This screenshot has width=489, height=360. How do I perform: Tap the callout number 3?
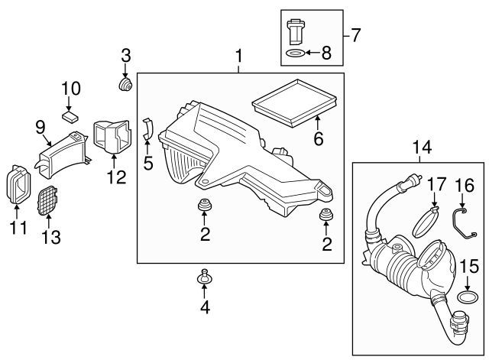(126, 55)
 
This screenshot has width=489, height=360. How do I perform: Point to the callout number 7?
(355, 34)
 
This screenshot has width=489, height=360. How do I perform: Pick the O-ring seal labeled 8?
(293, 54)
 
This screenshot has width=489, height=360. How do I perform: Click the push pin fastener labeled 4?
(205, 277)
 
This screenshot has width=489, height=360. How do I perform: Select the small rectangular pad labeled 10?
(71, 115)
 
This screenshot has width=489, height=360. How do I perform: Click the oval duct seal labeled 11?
(16, 184)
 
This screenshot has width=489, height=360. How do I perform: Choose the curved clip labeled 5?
(148, 129)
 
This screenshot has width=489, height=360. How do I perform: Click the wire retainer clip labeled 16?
(462, 221)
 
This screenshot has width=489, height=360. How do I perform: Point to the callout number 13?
(50, 238)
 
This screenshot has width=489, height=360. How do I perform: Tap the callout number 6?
(319, 139)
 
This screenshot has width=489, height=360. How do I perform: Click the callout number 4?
(205, 308)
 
